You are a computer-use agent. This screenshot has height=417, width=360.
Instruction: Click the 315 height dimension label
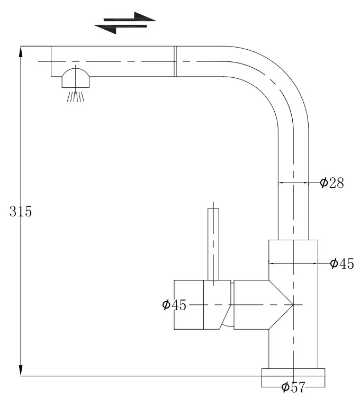click(x=21, y=212)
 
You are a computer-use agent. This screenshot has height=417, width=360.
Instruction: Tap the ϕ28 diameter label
click(x=332, y=183)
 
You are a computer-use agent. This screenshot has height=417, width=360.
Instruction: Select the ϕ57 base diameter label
click(x=293, y=387)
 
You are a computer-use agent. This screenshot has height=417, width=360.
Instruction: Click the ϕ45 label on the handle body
click(x=174, y=305)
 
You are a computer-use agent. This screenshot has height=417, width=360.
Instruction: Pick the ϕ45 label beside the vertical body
click(x=342, y=264)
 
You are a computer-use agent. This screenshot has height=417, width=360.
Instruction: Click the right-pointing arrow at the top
click(x=130, y=17)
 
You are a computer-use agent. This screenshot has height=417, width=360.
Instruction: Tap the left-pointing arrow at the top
click(x=121, y=28)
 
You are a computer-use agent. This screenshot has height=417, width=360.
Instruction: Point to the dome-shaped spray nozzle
click(x=76, y=78)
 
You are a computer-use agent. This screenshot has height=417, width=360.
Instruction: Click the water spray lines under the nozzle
click(x=76, y=97)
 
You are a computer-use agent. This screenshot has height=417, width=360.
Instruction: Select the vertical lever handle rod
click(x=213, y=244)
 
